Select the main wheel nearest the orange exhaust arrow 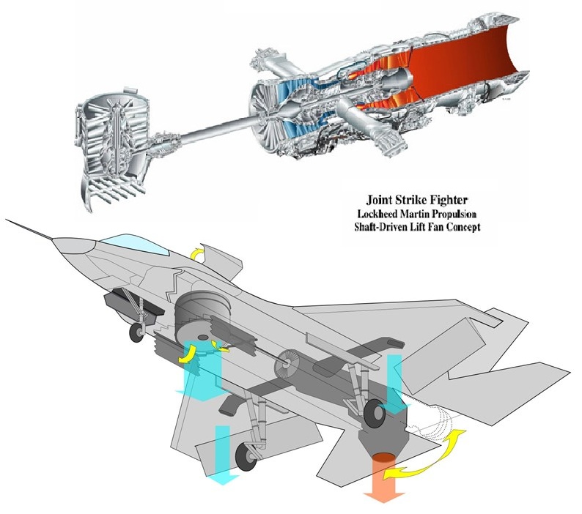375,414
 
